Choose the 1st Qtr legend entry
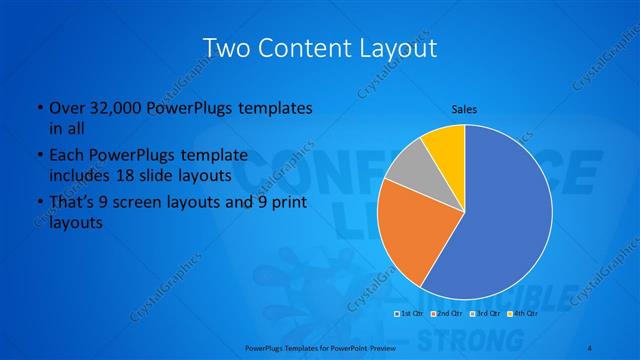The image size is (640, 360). tap(408, 313)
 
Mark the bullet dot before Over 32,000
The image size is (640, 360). tap(38, 107)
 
